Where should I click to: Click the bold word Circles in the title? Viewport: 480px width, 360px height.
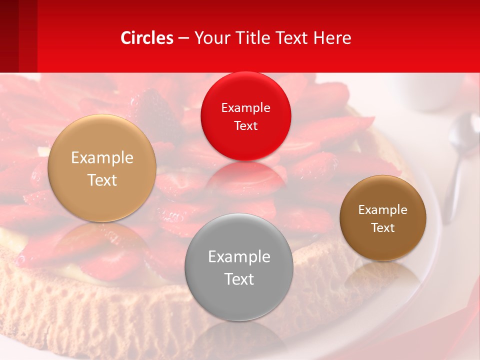[x=147, y=38]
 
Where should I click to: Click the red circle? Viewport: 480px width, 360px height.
[x=245, y=116]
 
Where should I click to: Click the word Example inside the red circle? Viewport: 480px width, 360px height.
[x=245, y=108]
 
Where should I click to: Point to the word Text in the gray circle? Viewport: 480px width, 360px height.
[x=239, y=279]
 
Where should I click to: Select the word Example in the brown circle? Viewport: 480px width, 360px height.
[x=383, y=210]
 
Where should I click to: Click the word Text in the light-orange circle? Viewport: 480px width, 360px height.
[x=102, y=180]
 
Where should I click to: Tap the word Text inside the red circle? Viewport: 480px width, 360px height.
[x=245, y=126]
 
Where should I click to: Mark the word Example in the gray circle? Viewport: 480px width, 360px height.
[x=239, y=257]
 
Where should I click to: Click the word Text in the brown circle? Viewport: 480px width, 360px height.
[x=383, y=228]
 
